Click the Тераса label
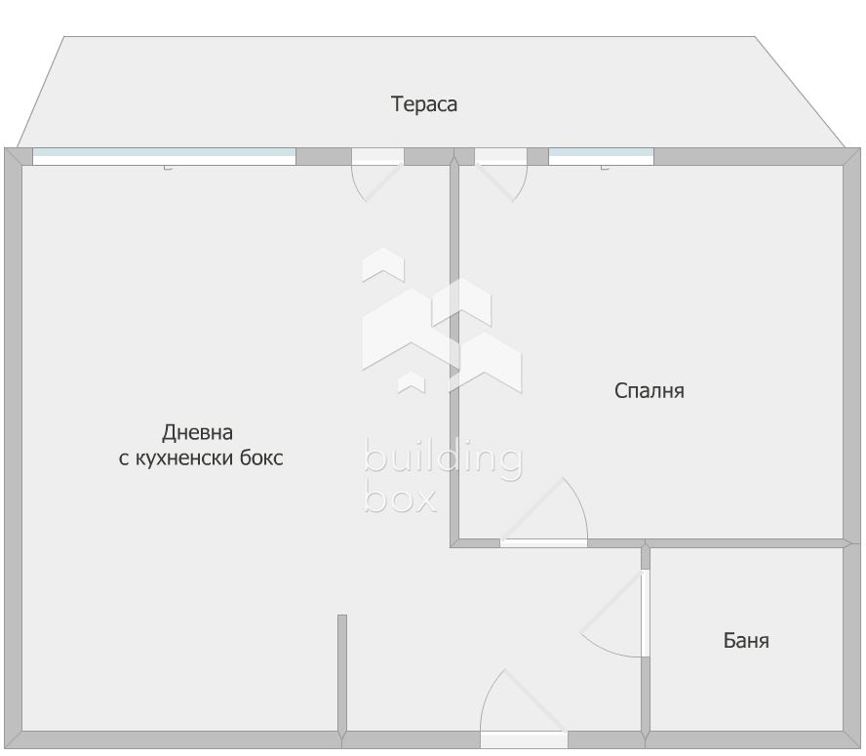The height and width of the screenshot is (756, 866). (x=424, y=104)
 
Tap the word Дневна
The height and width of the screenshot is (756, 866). (x=197, y=432)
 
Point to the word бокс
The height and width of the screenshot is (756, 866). (x=260, y=458)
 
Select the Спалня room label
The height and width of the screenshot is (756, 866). (x=649, y=391)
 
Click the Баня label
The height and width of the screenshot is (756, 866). (x=746, y=641)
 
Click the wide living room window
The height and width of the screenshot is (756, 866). (x=164, y=156)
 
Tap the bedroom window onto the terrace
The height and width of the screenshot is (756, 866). (x=601, y=156)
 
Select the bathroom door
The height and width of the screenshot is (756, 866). (x=645, y=613)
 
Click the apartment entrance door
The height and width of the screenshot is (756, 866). (x=524, y=738)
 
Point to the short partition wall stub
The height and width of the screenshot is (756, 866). (x=342, y=673)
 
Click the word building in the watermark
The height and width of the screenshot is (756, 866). (x=443, y=459)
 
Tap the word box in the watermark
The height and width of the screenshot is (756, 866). (x=399, y=497)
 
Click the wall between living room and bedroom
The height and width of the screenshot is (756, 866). (x=454, y=351)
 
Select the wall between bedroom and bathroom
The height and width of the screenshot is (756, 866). (x=746, y=543)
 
